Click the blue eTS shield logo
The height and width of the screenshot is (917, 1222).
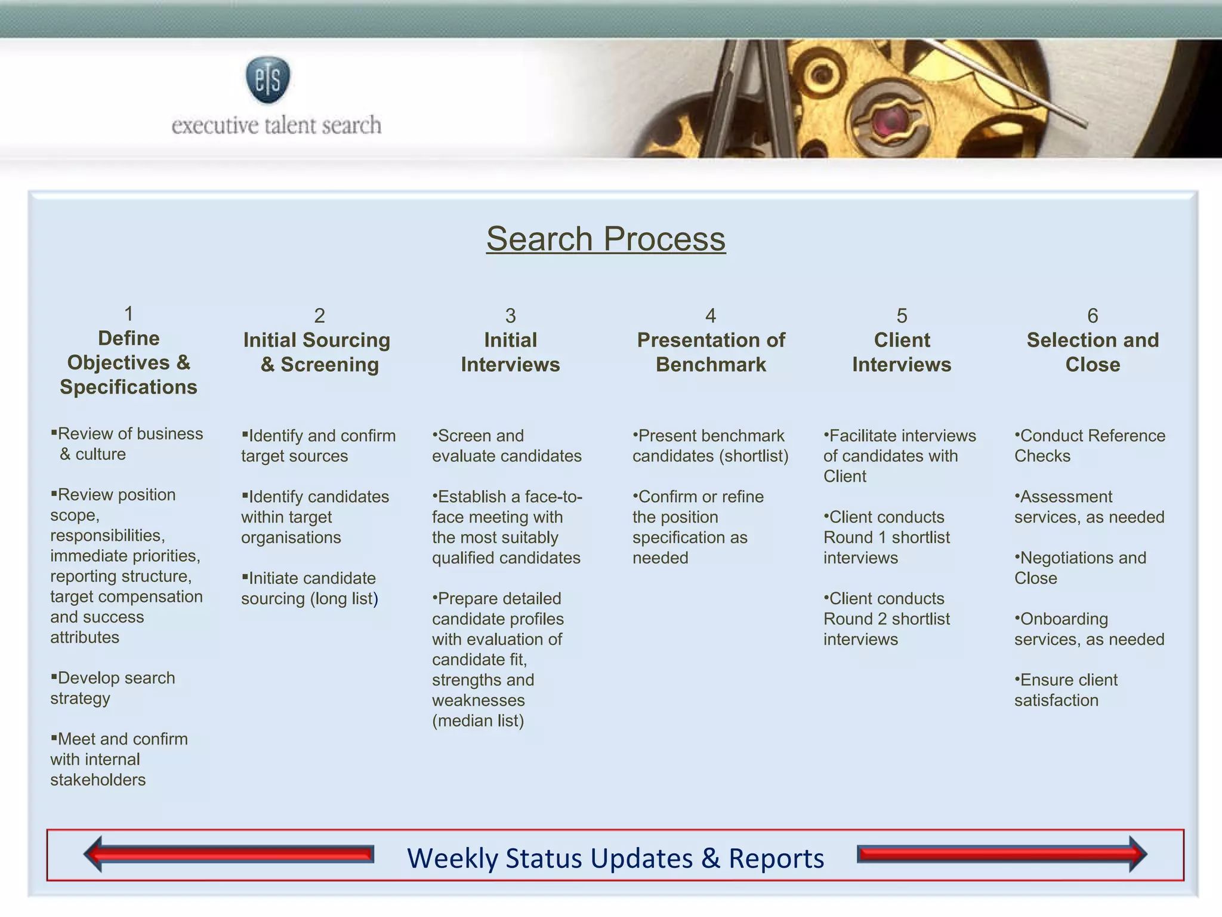pyautogui.click(x=268, y=79)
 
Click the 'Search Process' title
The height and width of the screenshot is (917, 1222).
pyautogui.click(x=606, y=239)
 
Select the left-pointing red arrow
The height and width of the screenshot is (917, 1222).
pyautogui.click(x=229, y=854)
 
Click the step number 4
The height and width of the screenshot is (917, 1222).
pyautogui.click(x=710, y=315)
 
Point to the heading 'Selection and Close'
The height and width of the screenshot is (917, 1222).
pyautogui.click(x=1093, y=352)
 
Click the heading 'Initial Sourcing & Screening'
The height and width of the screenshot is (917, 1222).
pyautogui.click(x=317, y=352)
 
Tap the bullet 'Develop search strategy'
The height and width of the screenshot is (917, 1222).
pyautogui.click(x=113, y=688)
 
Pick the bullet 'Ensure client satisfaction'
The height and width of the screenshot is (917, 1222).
pyautogui.click(x=1066, y=690)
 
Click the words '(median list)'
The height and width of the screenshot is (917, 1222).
pyautogui.click(x=478, y=721)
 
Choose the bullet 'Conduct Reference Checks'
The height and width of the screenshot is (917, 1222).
pyautogui.click(x=1090, y=445)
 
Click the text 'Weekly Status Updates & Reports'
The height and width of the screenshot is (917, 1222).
pyautogui.click(x=615, y=858)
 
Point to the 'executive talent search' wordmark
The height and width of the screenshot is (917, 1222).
pyautogui.click(x=276, y=125)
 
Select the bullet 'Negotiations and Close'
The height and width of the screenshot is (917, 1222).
pyautogui.click(x=1081, y=568)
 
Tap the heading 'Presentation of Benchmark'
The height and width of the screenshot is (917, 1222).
pyautogui.click(x=711, y=352)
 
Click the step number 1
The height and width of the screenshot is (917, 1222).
pyautogui.click(x=128, y=313)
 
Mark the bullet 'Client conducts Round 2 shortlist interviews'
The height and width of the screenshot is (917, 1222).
pyautogui.click(x=887, y=618)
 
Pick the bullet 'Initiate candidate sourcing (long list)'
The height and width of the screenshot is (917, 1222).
pyautogui.click(x=310, y=588)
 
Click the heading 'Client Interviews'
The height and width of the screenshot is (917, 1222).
pyautogui.click(x=902, y=352)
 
